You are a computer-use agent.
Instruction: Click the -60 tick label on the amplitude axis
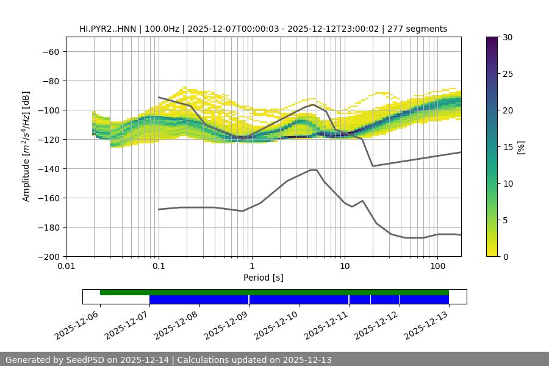(51, 52)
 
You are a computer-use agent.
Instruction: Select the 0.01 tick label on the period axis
(66, 267)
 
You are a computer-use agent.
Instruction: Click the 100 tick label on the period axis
(437, 267)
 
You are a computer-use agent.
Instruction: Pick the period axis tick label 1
(251, 267)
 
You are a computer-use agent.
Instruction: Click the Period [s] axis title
(264, 278)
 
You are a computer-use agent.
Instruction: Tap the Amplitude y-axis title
(26, 146)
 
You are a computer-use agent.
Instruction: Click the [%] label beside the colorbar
(521, 147)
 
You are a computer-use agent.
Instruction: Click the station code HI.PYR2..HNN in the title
(108, 29)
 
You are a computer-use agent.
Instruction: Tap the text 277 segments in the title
(421, 29)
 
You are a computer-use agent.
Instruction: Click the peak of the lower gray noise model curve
(314, 170)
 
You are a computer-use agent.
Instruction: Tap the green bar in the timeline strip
(274, 292)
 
